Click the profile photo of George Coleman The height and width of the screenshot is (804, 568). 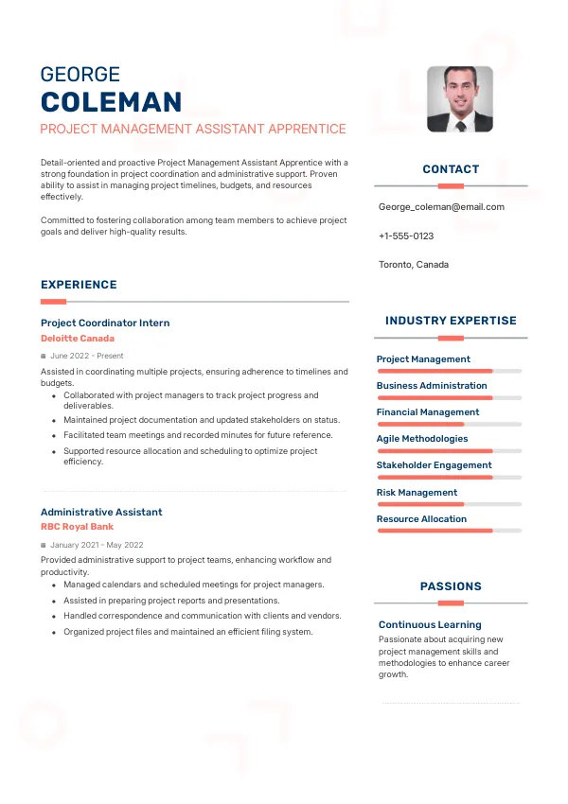click(x=459, y=98)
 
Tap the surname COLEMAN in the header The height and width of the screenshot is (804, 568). click(x=111, y=102)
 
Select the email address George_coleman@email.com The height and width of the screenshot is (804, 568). click(x=441, y=206)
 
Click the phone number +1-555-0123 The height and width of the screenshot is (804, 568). click(x=406, y=236)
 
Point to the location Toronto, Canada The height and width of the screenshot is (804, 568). click(x=414, y=265)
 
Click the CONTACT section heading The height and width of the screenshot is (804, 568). click(x=451, y=169)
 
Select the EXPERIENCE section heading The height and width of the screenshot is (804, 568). click(x=79, y=285)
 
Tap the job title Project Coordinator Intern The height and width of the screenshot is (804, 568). click(x=105, y=323)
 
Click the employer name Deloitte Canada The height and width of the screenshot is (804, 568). click(x=78, y=339)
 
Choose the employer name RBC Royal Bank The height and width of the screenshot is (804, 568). click(x=78, y=527)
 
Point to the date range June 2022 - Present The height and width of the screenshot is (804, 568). click(x=87, y=356)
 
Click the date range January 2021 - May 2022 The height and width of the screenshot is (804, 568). click(x=97, y=545)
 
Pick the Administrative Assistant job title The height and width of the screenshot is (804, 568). click(x=101, y=512)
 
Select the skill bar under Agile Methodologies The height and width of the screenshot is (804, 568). click(x=449, y=451)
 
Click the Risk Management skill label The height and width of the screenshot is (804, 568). click(x=417, y=493)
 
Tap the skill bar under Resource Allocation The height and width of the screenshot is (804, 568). click(x=449, y=531)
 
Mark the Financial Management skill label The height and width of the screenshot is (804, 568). click(x=428, y=412)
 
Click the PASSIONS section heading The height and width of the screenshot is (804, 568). click(x=451, y=586)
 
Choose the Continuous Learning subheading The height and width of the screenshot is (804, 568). click(x=430, y=625)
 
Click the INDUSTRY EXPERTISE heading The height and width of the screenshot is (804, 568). click(x=451, y=321)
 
